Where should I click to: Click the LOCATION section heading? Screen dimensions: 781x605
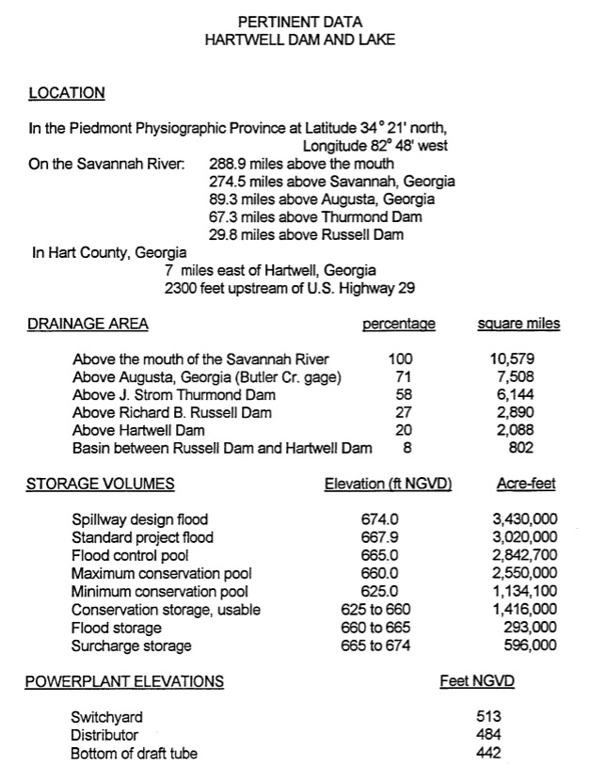click(x=67, y=93)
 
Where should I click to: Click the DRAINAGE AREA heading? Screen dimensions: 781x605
click(x=87, y=324)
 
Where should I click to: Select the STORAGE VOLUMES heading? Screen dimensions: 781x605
click(x=100, y=485)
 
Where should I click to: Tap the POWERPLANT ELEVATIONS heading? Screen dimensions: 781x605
click(x=124, y=681)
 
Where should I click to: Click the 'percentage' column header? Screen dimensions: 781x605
click(x=399, y=324)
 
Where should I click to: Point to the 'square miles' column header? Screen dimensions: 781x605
click(x=518, y=324)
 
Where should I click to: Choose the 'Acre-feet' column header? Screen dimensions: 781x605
click(x=525, y=485)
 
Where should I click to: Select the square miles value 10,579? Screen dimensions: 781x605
click(x=513, y=359)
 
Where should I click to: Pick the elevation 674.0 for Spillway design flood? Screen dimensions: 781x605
click(x=380, y=519)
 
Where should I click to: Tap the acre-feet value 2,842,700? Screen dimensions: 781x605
click(x=524, y=555)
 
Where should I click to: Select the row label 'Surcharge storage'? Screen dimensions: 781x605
click(x=132, y=646)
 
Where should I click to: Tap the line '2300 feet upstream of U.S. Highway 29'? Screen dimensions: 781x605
click(x=289, y=288)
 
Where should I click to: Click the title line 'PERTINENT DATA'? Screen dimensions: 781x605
click(x=300, y=21)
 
